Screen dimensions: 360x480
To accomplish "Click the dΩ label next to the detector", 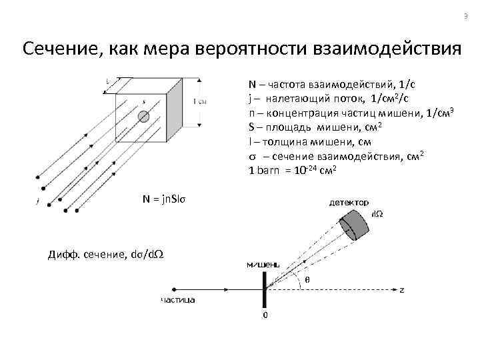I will tap(377, 215).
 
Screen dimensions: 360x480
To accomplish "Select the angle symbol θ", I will tap(307, 280).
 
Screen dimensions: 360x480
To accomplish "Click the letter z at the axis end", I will tap(402, 290).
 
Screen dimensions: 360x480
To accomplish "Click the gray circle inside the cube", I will tap(143, 117).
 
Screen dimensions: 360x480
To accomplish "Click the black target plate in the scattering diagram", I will tap(265, 291).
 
